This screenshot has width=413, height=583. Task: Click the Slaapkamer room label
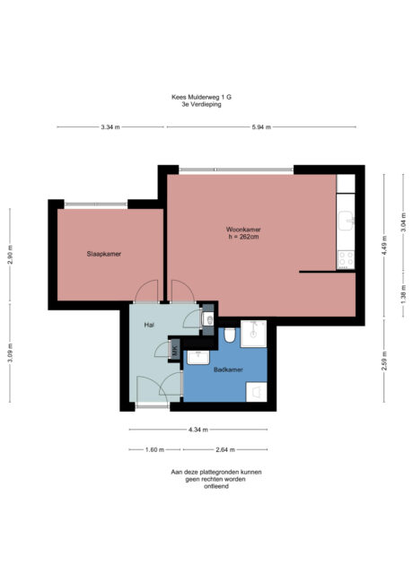tap(103, 254)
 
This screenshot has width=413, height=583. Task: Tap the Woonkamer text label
tap(242, 229)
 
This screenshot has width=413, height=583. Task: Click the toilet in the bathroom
tap(231, 335)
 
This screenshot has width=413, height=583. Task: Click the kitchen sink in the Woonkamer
tap(347, 220)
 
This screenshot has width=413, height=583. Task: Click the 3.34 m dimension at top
tap(110, 127)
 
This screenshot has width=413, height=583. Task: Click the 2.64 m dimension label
tap(225, 450)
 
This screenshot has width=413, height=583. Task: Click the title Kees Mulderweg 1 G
tap(206, 97)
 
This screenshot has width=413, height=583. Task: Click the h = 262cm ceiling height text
tap(242, 237)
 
